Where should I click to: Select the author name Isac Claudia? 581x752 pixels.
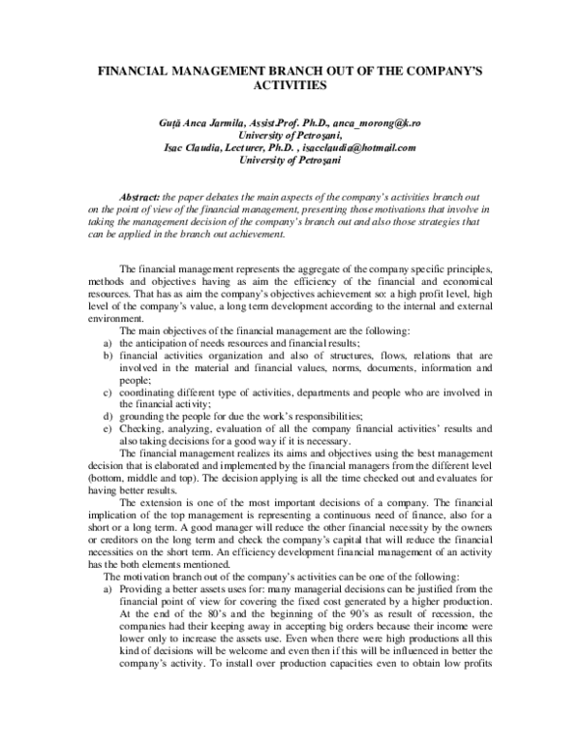click(194, 148)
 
